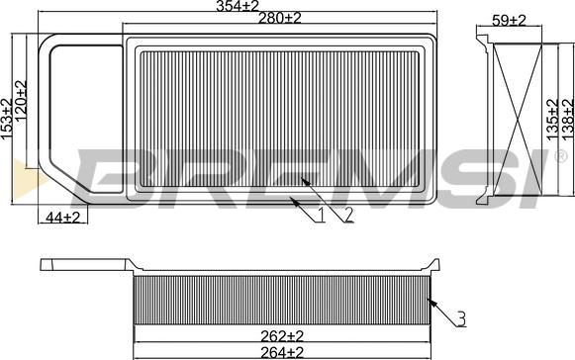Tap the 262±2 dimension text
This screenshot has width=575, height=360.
point(282,335)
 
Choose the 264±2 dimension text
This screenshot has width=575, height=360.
point(282,352)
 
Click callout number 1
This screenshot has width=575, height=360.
point(321,215)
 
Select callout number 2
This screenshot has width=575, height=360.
point(347,215)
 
